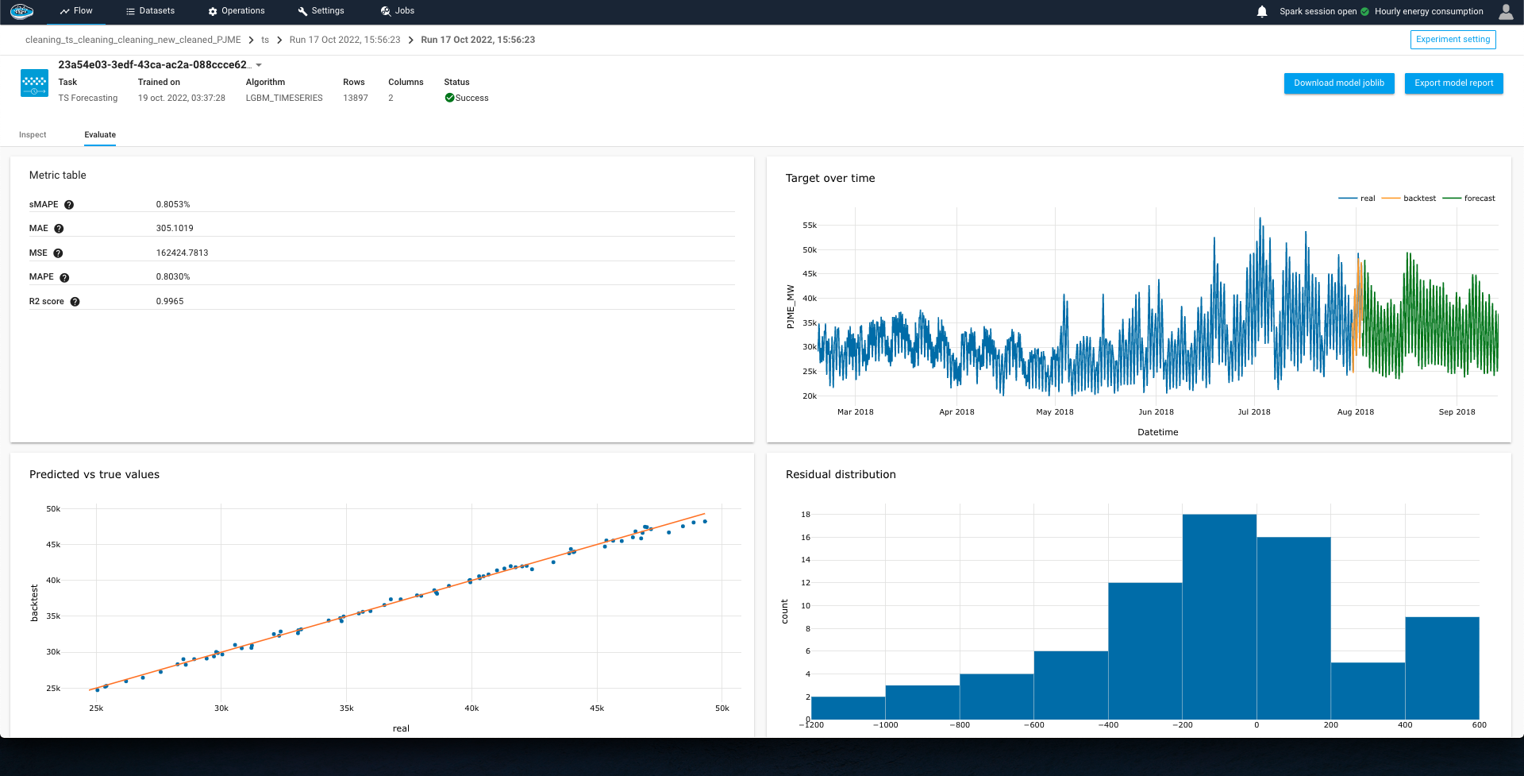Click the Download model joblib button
[1338, 83]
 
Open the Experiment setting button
[1453, 40]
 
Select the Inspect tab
[33, 135]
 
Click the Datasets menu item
[150, 11]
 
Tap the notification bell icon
[1262, 12]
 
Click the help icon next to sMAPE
[69, 205]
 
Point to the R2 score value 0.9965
[170, 302]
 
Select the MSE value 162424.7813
[182, 253]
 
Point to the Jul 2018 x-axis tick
[1254, 412]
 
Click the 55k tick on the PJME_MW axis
[809, 226]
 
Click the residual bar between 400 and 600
[1441, 668]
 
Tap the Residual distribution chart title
[841, 475]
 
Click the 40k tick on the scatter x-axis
[471, 708]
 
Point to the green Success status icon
[449, 98]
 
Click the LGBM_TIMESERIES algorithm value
[284, 98]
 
